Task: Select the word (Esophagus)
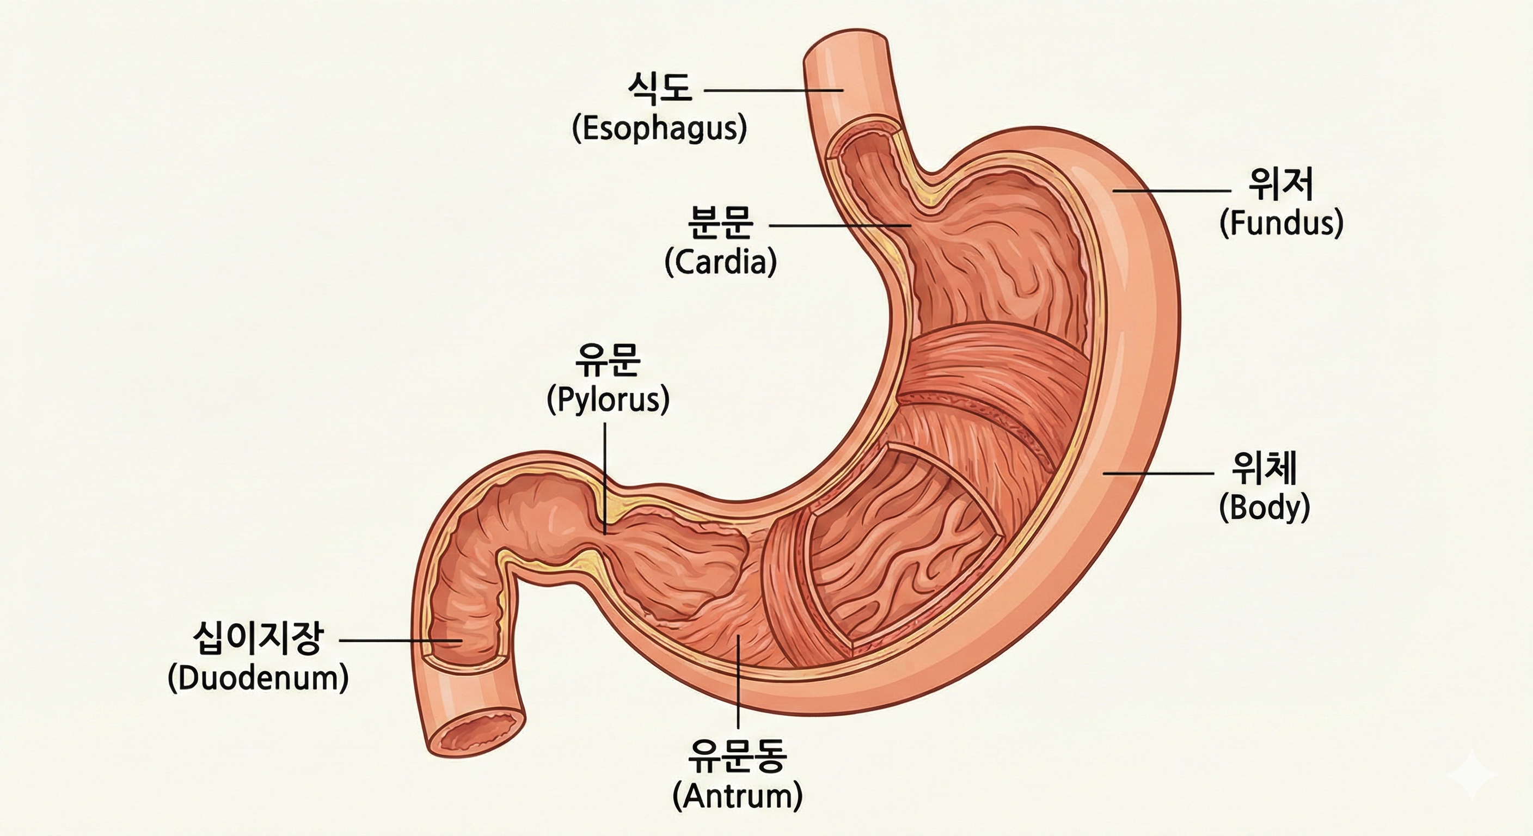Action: point(659,128)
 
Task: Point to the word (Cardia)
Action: point(721,262)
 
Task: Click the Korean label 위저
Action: point(1280,185)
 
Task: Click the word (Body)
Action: point(1265,508)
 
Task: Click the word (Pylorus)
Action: point(608,400)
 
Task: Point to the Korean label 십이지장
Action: point(258,639)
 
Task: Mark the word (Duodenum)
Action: point(258,678)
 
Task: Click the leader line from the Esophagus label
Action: point(774,90)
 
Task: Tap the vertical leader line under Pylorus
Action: point(605,476)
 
